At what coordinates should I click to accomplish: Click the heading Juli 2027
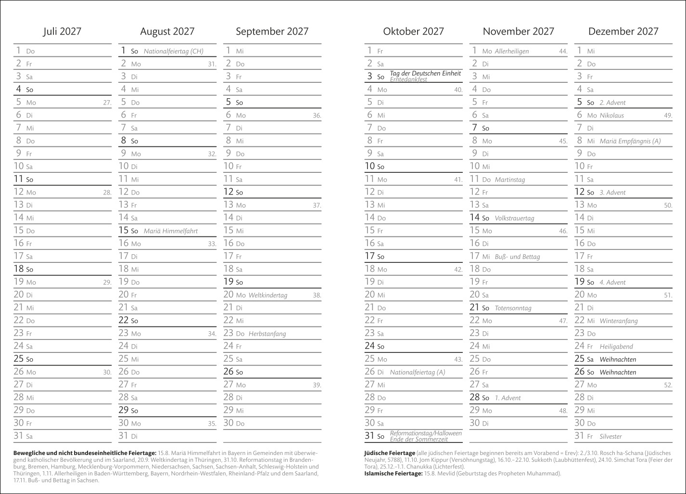[62, 32]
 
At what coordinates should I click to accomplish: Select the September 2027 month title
[272, 32]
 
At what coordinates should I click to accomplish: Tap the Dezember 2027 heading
[623, 32]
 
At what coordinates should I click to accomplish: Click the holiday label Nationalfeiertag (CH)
[173, 51]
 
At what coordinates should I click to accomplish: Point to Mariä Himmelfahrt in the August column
[170, 231]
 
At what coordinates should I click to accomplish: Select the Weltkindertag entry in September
[267, 295]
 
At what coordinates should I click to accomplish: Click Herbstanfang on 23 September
[267, 334]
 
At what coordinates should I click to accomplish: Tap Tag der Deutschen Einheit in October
[425, 74]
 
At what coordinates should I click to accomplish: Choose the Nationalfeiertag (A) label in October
[418, 372]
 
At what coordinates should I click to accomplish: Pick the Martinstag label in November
[509, 180]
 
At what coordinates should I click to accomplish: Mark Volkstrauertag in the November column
[514, 218]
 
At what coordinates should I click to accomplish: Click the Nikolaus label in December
[611, 116]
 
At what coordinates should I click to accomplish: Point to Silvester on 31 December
[610, 437]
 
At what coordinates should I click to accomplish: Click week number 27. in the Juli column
[107, 103]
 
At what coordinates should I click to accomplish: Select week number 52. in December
[668, 385]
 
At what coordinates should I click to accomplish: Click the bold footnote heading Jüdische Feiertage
[390, 453]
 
